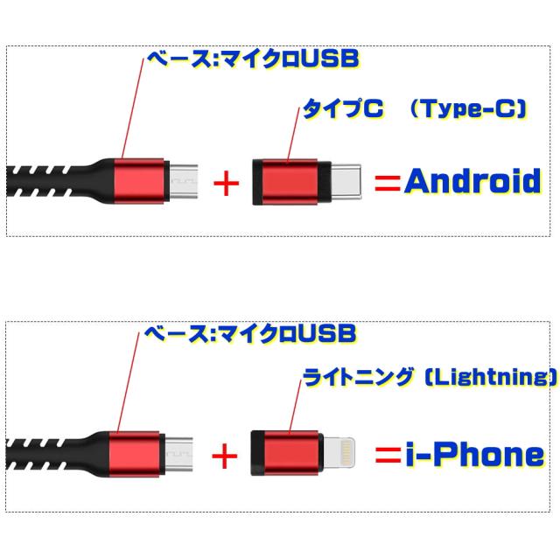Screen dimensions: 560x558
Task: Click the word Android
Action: click(472, 181)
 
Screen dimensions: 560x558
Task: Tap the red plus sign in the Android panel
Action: click(226, 184)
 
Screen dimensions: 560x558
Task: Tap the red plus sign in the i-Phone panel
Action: click(225, 456)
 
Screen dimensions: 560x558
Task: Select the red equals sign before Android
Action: click(388, 184)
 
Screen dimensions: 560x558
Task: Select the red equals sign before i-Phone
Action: click(388, 455)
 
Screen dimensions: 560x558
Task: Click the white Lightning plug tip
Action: click(339, 452)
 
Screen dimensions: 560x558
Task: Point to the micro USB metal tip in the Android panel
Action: click(183, 181)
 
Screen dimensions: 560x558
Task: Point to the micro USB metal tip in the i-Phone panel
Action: click(178, 454)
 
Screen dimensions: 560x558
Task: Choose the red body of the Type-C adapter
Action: click(290, 182)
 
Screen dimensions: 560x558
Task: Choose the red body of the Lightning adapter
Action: click(290, 453)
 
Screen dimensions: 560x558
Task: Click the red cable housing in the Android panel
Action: click(139, 181)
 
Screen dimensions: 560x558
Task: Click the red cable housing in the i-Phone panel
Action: click(134, 454)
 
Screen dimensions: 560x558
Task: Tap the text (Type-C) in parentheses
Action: click(468, 108)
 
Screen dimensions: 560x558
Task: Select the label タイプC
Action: click(343, 108)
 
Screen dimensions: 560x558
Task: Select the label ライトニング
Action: click(358, 377)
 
